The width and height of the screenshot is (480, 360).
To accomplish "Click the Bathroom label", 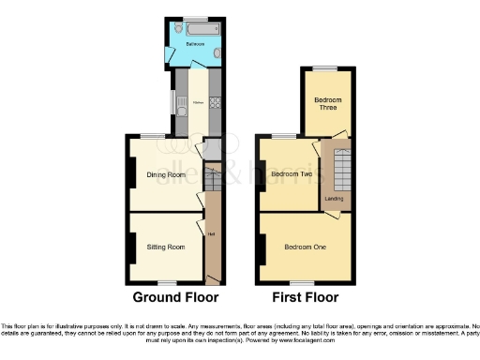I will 195,44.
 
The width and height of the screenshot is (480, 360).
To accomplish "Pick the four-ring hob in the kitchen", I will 215,101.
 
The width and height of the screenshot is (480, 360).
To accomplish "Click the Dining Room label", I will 164,174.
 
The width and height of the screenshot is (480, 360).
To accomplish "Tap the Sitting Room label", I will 165,247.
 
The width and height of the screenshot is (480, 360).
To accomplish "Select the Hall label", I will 212,234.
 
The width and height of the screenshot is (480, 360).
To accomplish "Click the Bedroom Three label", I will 326,103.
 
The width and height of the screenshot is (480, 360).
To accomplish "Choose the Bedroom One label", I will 306,247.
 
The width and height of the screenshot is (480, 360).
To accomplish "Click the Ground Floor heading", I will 175,297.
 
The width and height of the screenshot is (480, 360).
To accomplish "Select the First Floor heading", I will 304,297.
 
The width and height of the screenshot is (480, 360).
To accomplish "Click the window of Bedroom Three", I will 327,68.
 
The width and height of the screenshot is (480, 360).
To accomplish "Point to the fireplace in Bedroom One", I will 259,247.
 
